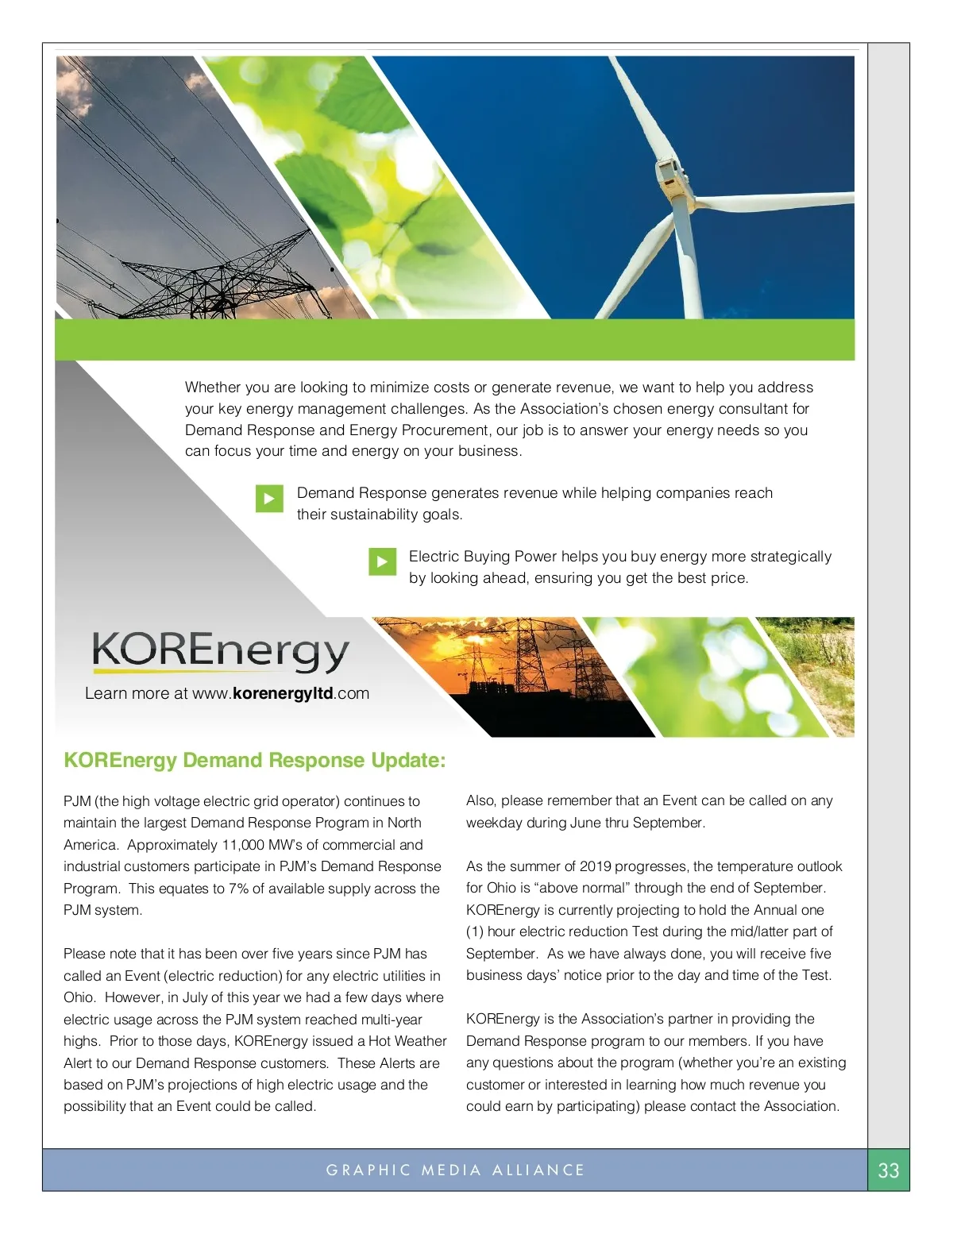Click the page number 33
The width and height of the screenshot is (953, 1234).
tap(888, 1170)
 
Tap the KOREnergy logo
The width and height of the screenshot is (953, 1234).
tap(220, 651)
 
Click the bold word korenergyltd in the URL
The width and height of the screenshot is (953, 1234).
tap(283, 693)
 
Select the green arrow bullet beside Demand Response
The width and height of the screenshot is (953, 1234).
tap(269, 499)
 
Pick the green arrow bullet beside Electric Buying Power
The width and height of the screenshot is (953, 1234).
tap(382, 562)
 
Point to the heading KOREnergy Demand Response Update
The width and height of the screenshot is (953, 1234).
tap(254, 761)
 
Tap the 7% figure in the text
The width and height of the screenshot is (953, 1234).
tap(238, 889)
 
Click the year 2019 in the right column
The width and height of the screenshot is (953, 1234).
tap(597, 866)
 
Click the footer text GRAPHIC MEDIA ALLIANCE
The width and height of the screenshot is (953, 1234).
tap(455, 1170)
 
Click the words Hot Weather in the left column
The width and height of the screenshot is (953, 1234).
tap(407, 1041)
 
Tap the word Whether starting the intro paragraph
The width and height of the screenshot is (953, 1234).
tap(213, 388)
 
